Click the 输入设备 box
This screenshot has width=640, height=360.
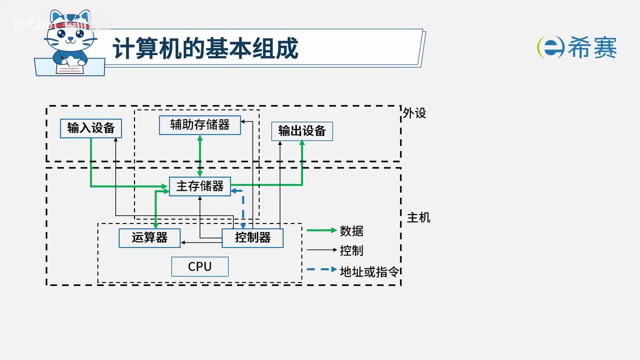[x=90, y=128]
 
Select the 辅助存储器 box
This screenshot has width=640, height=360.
[x=199, y=124]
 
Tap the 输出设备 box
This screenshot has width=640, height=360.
[x=301, y=131]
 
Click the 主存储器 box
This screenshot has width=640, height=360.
[x=199, y=186]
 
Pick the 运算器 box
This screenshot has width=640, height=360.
[x=149, y=237]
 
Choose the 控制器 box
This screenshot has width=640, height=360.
[x=252, y=237]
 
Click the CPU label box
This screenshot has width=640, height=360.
[x=199, y=266]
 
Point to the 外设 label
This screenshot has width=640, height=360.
[x=414, y=113]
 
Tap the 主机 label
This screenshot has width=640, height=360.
[x=418, y=217]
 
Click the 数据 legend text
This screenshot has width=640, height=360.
[x=351, y=231]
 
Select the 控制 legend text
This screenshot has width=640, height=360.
[x=351, y=250]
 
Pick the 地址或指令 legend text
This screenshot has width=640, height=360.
[x=369, y=271]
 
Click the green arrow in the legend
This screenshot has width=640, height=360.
[x=321, y=230]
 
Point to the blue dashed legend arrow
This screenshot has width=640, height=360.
[x=321, y=269]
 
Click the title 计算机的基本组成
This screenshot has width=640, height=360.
[x=205, y=48]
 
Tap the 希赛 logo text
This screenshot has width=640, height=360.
[x=592, y=48]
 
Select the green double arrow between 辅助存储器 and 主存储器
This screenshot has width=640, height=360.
[x=200, y=155]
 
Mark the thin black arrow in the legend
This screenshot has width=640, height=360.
[x=321, y=249]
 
